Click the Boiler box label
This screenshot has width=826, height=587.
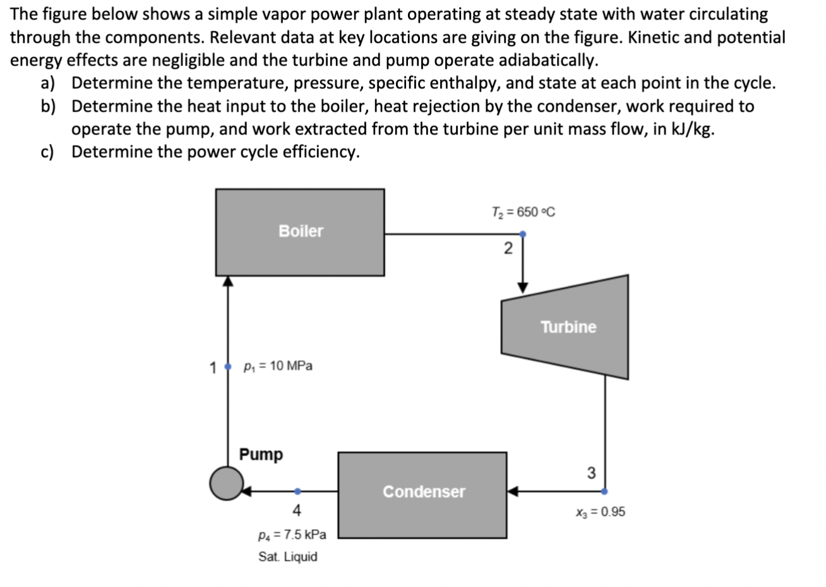tap(301, 231)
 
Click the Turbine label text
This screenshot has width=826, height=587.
tap(568, 327)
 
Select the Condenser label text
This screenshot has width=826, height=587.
tap(424, 492)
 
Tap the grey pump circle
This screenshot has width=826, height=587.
tap(226, 483)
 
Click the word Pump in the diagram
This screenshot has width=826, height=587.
tap(261, 454)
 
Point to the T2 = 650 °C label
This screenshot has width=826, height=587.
tap(524, 212)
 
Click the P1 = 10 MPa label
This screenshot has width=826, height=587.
tap(278, 366)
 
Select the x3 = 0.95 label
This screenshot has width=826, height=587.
tap(600, 512)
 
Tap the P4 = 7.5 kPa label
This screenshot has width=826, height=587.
tap(292, 535)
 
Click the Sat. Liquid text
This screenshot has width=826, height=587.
tap(288, 557)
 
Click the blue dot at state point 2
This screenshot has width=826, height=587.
tap(523, 234)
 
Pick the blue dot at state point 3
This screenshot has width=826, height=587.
tap(605, 491)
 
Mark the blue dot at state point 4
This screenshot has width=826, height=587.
tap(298, 491)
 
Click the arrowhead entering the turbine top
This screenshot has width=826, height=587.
tap(523, 288)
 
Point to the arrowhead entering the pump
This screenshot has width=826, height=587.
tap(247, 491)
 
